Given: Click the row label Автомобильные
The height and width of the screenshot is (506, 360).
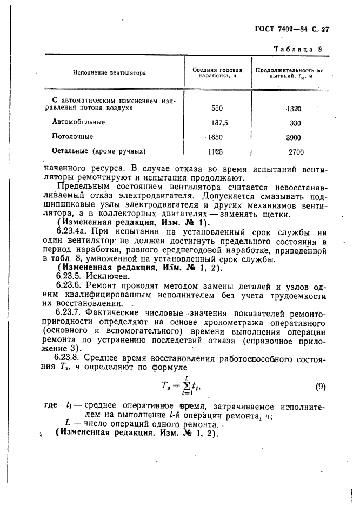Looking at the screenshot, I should [x=78, y=122].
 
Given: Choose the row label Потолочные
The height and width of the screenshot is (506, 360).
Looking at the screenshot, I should [x=72, y=137].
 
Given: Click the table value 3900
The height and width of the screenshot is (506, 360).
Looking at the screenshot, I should [x=294, y=137].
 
